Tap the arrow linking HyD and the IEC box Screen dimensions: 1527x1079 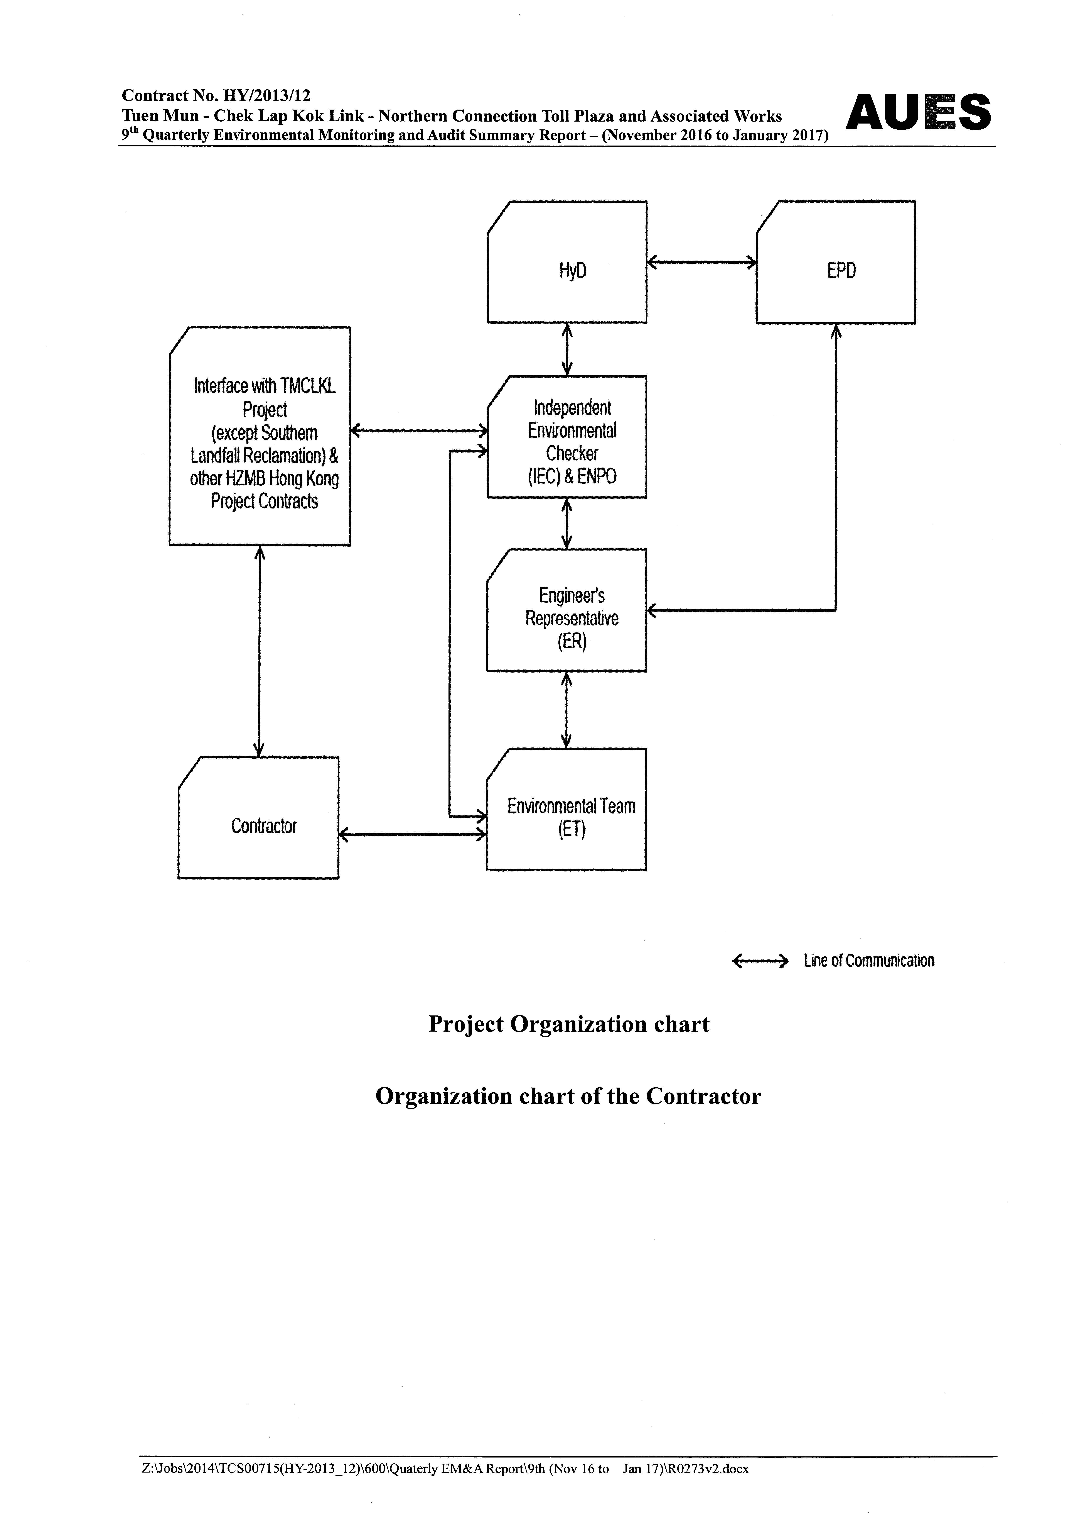tap(567, 349)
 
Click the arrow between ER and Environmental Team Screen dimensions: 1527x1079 tap(566, 710)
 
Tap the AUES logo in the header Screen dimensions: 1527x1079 tap(918, 112)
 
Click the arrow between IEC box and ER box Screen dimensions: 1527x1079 tap(566, 523)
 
